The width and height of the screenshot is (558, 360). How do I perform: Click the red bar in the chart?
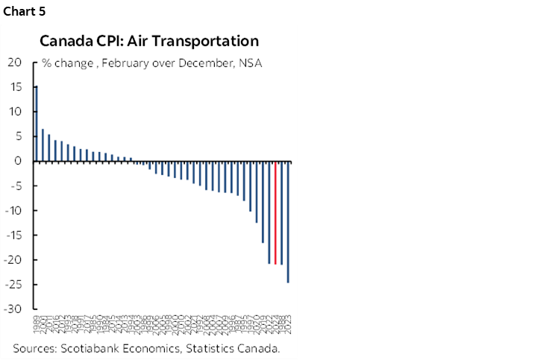pyautogui.click(x=275, y=212)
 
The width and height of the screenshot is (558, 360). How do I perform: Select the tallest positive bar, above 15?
pyautogui.click(x=37, y=123)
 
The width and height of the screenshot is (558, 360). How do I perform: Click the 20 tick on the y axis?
pyautogui.click(x=14, y=63)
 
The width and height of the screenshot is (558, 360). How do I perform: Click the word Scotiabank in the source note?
pyautogui.click(x=92, y=349)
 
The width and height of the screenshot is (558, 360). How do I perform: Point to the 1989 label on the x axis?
pyautogui.click(x=37, y=326)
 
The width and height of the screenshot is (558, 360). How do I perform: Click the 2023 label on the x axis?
pyautogui.click(x=289, y=326)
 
